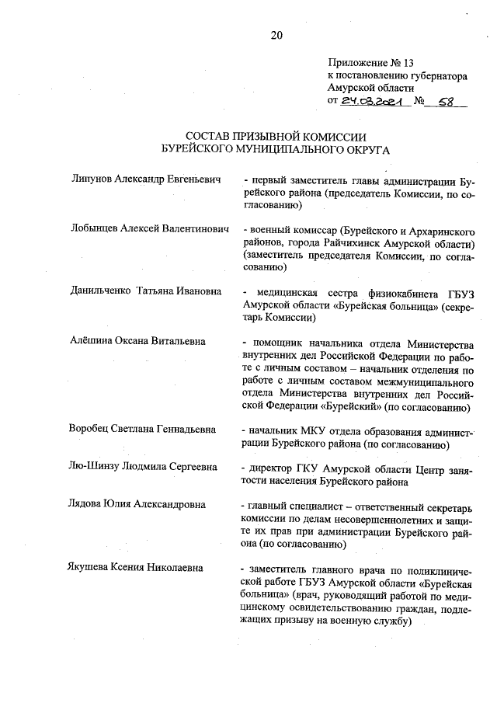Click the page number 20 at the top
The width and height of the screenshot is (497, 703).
(x=276, y=34)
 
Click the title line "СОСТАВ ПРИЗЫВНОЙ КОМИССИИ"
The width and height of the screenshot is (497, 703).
(x=276, y=136)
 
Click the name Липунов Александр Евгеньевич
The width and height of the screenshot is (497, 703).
(x=144, y=179)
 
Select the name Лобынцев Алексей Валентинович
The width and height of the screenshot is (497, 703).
(x=148, y=231)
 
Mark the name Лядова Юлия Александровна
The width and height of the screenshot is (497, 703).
(x=137, y=505)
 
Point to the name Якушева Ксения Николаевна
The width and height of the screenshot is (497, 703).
(x=136, y=569)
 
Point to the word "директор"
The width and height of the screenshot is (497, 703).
(x=271, y=468)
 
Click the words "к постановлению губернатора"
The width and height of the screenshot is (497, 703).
(x=397, y=76)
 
